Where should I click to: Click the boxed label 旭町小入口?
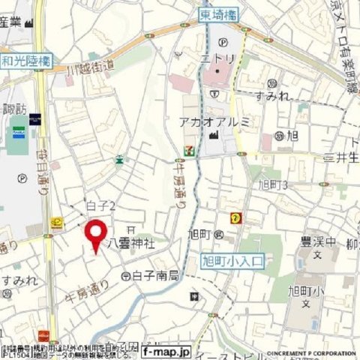234,261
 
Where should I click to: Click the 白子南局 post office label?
155,275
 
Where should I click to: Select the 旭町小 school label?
306,290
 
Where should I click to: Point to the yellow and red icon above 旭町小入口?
237,217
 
